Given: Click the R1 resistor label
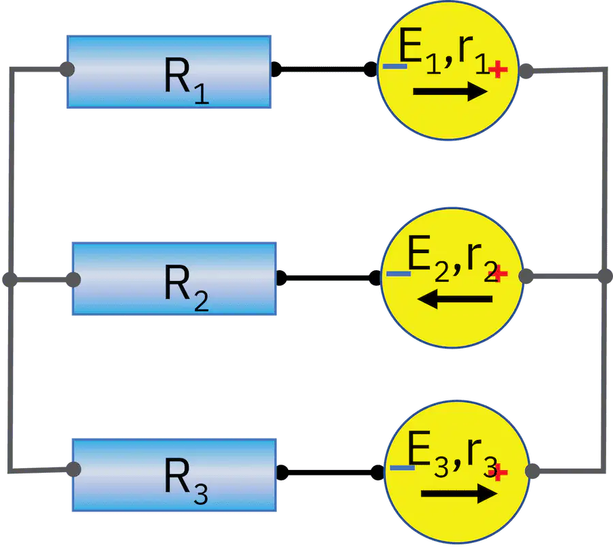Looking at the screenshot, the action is [187, 81].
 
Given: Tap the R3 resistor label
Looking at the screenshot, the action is [186, 480].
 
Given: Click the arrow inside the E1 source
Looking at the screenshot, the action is [450, 91].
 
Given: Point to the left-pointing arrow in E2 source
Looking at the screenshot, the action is [455, 299].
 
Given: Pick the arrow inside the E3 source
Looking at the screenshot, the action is [459, 494].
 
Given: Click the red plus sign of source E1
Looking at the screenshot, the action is [498, 70].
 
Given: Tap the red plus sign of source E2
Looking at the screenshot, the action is [499, 274].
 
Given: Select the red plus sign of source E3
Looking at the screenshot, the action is [499, 472].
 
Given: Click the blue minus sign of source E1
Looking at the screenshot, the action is [395, 67].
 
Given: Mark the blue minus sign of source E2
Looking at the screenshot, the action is [398, 274].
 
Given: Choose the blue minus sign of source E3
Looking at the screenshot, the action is [403, 467].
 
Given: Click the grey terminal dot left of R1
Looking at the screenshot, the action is [67, 70].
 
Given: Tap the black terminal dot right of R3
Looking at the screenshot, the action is [282, 472].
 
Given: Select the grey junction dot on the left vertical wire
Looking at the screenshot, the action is [10, 280].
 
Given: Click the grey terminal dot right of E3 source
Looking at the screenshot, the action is [533, 471].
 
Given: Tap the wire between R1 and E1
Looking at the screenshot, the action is [323, 70].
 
